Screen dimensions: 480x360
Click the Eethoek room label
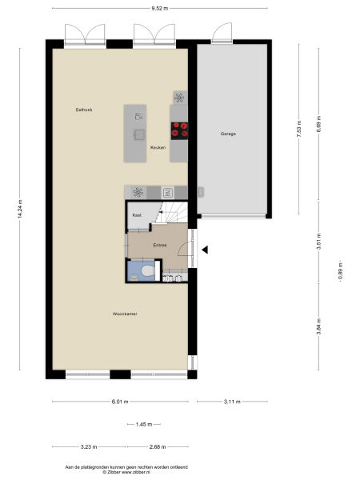click(x=84, y=109)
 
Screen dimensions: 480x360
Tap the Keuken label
click(x=158, y=147)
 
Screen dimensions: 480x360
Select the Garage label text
click(x=229, y=134)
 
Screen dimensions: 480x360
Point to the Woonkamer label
click(x=125, y=314)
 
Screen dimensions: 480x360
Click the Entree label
click(x=159, y=246)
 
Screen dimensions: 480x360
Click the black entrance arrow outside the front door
click(x=205, y=250)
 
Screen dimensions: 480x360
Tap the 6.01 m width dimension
click(x=120, y=401)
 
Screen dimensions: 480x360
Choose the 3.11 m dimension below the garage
click(x=232, y=401)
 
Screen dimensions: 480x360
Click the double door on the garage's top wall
click(x=222, y=34)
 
